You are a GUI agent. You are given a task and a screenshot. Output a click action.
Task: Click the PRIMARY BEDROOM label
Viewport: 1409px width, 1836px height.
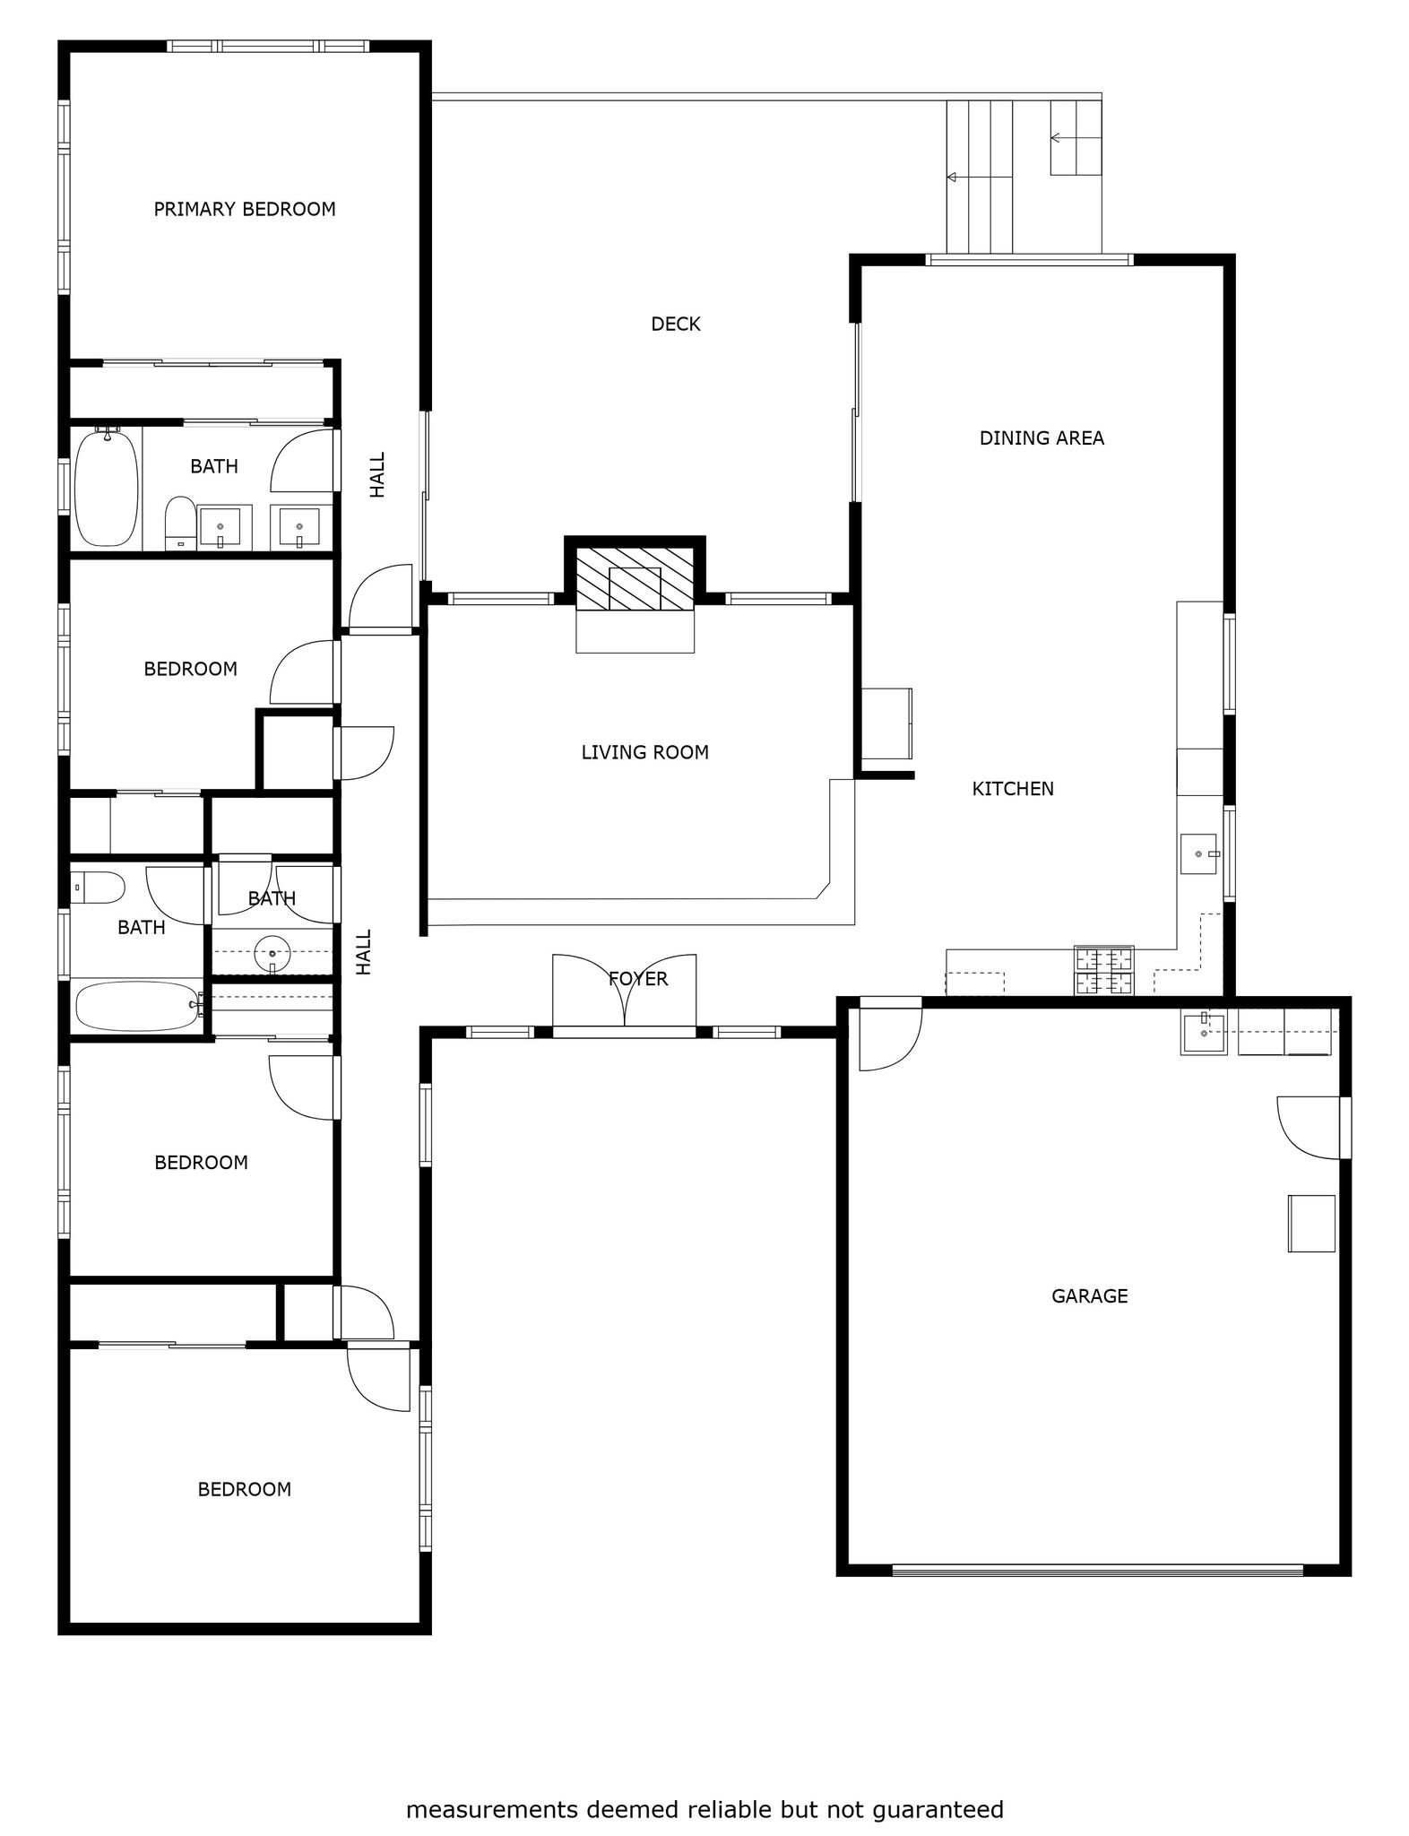[245, 209]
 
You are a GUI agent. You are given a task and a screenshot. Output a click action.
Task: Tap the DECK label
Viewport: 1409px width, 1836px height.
[676, 324]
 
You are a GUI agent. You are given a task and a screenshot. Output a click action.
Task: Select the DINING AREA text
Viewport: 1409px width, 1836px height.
[1042, 438]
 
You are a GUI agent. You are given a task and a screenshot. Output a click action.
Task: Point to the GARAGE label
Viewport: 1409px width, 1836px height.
[1089, 1295]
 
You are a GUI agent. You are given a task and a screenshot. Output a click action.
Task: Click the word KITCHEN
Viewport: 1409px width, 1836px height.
[1013, 789]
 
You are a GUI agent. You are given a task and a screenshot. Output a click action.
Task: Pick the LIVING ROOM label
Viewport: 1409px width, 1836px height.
[645, 752]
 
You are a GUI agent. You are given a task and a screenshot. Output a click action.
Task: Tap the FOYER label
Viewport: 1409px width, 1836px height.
[638, 978]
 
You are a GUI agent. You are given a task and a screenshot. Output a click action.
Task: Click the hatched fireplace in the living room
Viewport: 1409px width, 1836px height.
[635, 579]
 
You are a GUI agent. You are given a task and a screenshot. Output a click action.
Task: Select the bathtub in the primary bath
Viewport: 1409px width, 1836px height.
[107, 488]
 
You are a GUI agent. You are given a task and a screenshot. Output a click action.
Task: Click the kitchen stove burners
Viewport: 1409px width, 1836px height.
[1104, 971]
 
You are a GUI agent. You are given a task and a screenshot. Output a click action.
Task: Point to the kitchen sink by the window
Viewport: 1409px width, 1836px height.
[1199, 853]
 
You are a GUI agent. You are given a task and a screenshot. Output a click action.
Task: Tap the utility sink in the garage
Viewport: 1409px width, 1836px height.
[1203, 1033]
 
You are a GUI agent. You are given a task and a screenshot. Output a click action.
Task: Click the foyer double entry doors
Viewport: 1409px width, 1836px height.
[625, 991]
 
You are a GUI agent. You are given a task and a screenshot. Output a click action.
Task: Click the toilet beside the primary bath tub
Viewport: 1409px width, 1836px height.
[181, 523]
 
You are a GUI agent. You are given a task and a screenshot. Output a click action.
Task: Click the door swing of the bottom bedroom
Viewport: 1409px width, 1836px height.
[379, 1380]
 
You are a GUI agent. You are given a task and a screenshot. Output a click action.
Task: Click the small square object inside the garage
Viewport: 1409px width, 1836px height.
[1311, 1223]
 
